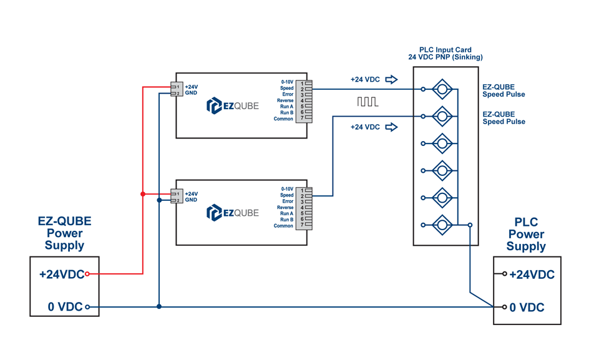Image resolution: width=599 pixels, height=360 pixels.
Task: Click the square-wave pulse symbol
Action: pos(368,102)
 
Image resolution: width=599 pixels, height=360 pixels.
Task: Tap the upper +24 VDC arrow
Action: pos(391,79)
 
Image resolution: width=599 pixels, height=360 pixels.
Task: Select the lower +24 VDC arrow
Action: pos(391,127)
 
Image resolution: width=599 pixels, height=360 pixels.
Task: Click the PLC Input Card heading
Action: pos(445,54)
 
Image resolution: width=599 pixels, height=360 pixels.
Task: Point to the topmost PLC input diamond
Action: pos(442,89)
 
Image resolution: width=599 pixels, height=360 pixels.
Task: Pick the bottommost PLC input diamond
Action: pos(442,225)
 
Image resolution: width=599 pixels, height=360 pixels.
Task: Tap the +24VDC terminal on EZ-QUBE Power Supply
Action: pos(87,274)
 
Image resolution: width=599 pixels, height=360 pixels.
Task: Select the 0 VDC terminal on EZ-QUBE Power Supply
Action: pos(87,307)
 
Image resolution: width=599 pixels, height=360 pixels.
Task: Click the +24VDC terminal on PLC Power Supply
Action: pos(505,274)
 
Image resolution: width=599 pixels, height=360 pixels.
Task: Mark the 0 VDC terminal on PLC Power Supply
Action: pos(505,307)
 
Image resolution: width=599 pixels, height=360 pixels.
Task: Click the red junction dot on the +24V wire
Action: pos(143,194)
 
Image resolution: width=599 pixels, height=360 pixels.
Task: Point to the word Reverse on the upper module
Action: pos(285,100)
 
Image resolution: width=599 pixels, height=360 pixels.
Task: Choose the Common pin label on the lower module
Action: pos(283,226)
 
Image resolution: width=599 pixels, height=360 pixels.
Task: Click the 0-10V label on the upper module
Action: pos(287,82)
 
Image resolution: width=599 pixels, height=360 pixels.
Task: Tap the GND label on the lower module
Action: pos(191,200)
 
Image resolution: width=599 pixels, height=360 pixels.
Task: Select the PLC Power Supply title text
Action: pos(526,235)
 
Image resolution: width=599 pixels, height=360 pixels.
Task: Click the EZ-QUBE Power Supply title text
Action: pos(64,233)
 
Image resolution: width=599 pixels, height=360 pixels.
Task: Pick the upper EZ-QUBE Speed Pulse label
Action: pos(504,91)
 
